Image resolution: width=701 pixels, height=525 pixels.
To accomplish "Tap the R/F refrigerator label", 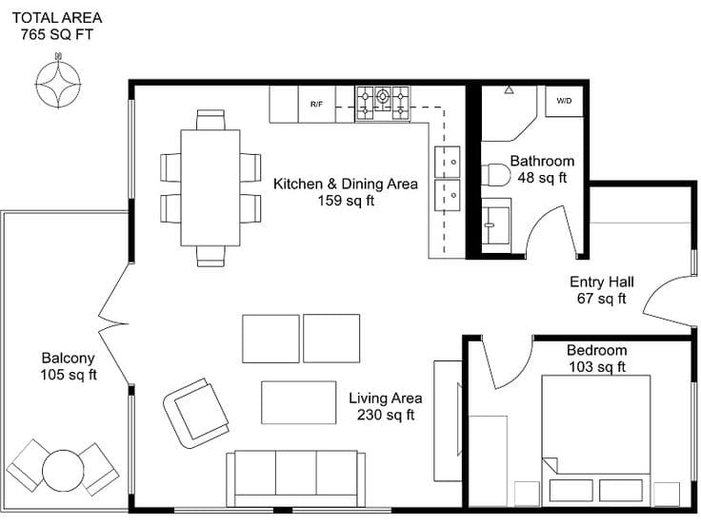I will [x=316, y=104].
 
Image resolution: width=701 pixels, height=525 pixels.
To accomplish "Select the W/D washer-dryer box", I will [x=563, y=100].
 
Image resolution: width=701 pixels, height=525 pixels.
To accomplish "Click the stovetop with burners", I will [x=383, y=104].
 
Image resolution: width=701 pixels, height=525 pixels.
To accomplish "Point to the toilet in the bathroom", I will [x=496, y=175].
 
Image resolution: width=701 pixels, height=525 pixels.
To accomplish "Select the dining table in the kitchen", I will [x=210, y=186].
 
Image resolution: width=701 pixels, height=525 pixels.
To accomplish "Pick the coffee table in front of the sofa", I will [x=298, y=401].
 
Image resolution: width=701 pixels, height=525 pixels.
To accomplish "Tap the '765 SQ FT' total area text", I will [x=56, y=35].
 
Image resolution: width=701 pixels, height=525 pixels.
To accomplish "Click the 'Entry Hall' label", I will [x=601, y=282].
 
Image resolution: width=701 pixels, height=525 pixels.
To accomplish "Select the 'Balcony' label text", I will [x=68, y=359].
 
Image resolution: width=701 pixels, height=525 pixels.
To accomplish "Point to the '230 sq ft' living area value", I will [x=386, y=415].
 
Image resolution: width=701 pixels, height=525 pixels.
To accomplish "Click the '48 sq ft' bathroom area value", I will [x=542, y=177].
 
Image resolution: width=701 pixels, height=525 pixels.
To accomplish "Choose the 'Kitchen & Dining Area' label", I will [x=345, y=184].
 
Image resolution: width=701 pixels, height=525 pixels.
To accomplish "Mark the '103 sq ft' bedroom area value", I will [x=596, y=366].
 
